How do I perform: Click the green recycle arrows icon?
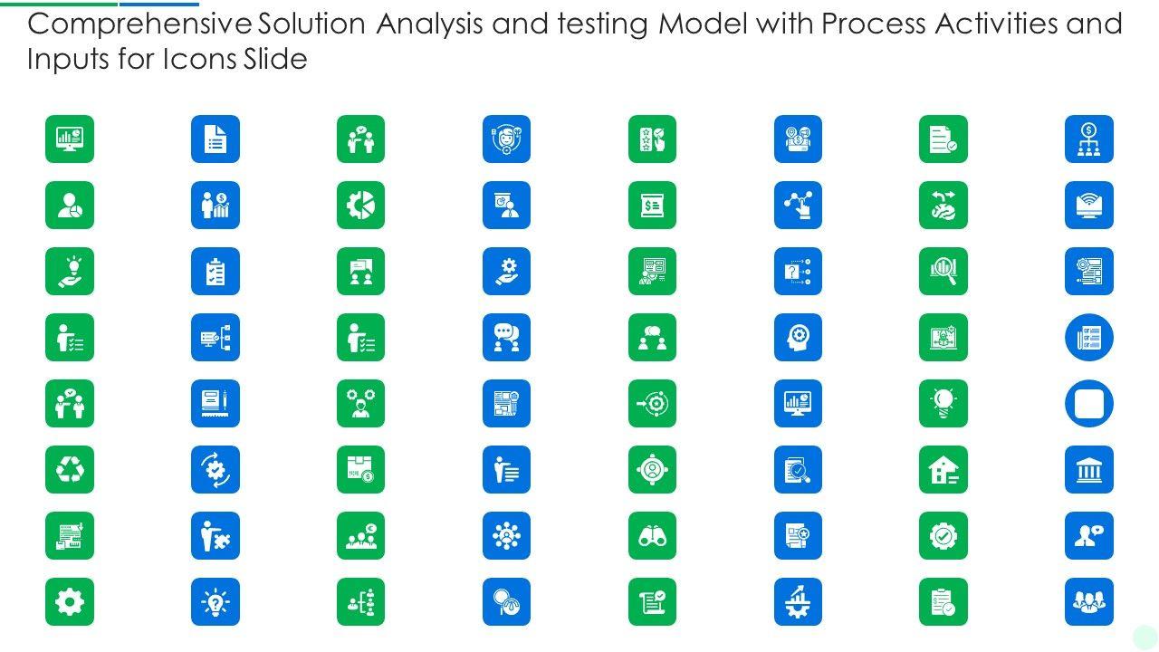tap(70, 470)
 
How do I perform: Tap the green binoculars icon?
tap(652, 536)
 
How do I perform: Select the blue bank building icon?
tap(1088, 470)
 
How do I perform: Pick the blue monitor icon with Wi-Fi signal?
tap(1088, 206)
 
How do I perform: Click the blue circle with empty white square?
tap(1088, 404)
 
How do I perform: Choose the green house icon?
tap(943, 470)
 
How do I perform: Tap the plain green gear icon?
tap(70, 602)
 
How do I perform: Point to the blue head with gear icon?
tap(798, 338)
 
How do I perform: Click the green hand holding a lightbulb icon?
tap(70, 272)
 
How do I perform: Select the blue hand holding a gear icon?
tap(506, 272)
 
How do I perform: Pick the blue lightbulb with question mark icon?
tap(216, 602)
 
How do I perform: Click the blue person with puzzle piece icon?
tap(216, 536)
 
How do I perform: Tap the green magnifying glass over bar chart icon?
tap(943, 272)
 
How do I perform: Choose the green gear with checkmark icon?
tap(943, 536)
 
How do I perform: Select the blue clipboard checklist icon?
tap(216, 272)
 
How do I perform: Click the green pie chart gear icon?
tap(360, 206)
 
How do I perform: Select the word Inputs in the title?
tap(66, 60)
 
